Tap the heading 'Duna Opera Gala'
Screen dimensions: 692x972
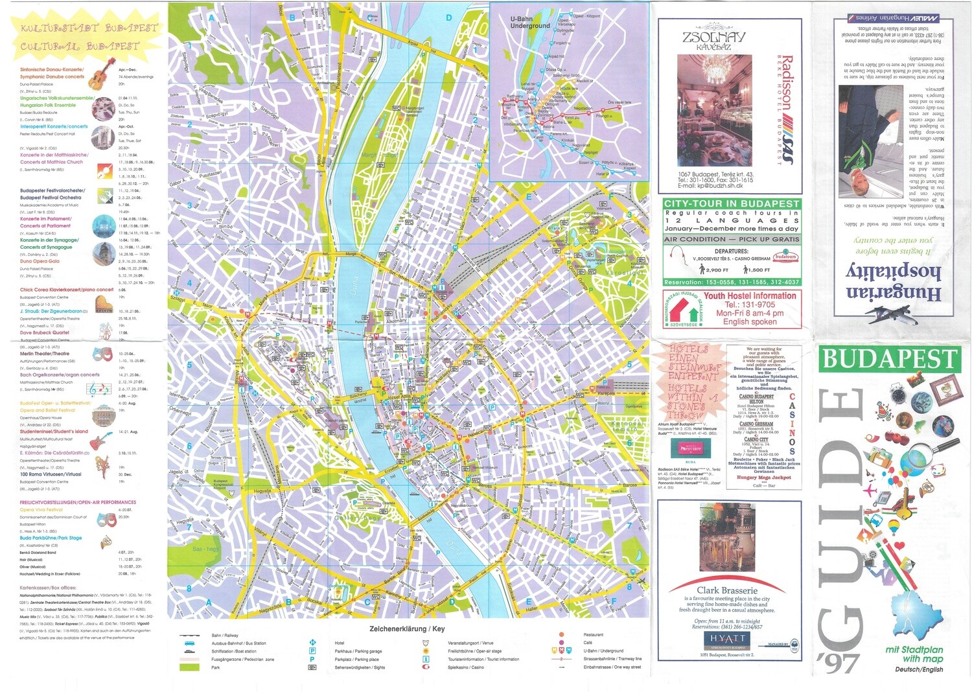coord(40,261)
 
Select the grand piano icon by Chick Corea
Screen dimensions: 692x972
coord(104,304)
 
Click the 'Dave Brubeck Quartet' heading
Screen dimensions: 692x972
coord(44,332)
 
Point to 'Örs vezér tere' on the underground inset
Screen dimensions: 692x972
coord(619,102)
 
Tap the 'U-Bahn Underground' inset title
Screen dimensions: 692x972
coord(529,23)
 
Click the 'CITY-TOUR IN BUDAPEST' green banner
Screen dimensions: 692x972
coord(731,203)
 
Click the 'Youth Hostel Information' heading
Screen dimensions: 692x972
coord(750,295)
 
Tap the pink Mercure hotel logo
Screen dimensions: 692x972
coord(691,448)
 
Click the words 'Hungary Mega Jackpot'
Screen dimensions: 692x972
coord(763,477)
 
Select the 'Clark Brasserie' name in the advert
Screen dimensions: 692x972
coord(727,590)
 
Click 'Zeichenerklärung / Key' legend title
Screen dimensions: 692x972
coord(407,629)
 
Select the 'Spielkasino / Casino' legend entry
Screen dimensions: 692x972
coord(465,667)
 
